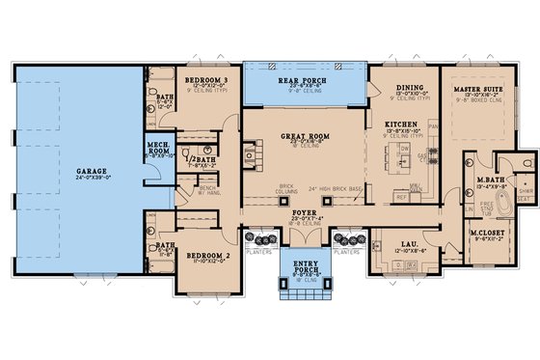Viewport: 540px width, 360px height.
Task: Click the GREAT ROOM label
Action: [x=304, y=137]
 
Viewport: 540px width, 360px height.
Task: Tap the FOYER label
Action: [x=305, y=214]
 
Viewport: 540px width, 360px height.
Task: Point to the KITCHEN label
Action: [x=399, y=125]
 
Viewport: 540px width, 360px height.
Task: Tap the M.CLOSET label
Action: [x=484, y=233]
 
